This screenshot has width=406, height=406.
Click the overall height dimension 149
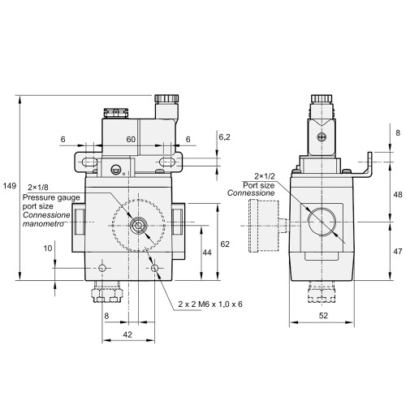pyautogui.click(x=10, y=186)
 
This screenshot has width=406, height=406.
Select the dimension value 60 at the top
pyautogui.click(x=130, y=140)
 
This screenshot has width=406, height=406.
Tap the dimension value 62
pyautogui.click(x=226, y=243)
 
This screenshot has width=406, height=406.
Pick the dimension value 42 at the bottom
pyautogui.click(x=127, y=334)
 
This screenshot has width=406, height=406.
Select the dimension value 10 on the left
pyautogui.click(x=48, y=248)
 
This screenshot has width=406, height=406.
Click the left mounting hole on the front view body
pyautogui.click(x=102, y=267)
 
